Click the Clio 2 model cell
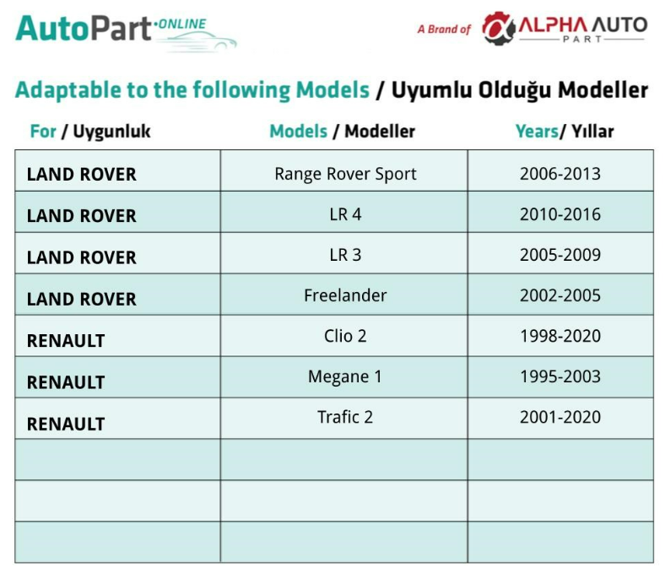pos(345,336)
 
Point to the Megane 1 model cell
pos(345,376)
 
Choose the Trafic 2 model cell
pos(345,417)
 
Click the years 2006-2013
pos(560,174)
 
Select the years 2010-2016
pos(560,214)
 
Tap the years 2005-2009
pos(560,255)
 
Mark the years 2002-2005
pos(560,295)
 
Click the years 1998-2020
pos(560,336)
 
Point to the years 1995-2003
pos(560,376)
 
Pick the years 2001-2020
pos(560,417)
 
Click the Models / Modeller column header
pos(343,131)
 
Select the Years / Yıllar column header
pos(565,131)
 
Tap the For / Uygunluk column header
pos(90,132)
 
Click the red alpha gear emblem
pos(498,28)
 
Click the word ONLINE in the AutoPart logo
pos(182,24)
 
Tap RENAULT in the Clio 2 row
pos(66,341)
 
